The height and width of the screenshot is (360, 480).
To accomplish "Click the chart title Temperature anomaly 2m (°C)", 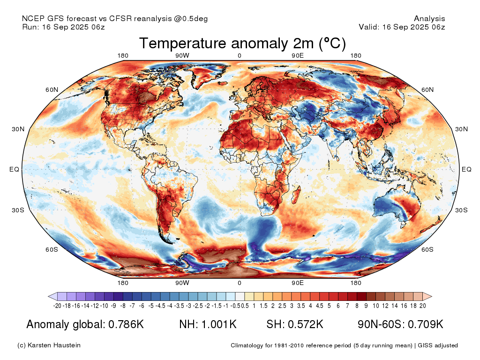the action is pyautogui.click(x=242, y=43).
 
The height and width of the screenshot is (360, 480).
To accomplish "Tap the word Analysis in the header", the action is pyautogui.click(x=429, y=19).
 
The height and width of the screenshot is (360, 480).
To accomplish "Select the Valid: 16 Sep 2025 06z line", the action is pyautogui.click(x=402, y=27).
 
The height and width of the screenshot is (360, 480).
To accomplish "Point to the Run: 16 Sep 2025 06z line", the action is pyautogui.click(x=63, y=27).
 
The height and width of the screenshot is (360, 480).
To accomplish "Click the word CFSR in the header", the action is pyautogui.click(x=120, y=18).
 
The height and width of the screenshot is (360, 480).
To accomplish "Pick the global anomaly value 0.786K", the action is pyautogui.click(x=126, y=324).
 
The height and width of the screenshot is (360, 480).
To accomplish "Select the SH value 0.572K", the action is pyautogui.click(x=306, y=324).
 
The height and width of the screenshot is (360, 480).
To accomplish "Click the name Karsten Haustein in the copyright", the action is pyautogui.click(x=54, y=345).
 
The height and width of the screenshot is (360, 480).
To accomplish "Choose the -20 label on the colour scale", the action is pyautogui.click(x=57, y=306).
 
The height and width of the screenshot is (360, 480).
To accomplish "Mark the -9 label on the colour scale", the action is pyautogui.click(x=113, y=306).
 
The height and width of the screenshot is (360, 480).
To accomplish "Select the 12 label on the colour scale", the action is pyautogui.click(x=385, y=306).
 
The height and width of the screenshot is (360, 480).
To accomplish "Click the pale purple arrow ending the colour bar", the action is pyautogui.click(x=53, y=296).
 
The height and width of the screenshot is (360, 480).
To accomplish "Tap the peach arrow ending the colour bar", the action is pyautogui.click(x=427, y=296).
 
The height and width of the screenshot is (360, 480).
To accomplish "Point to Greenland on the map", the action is pyautogui.click(x=208, y=74).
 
